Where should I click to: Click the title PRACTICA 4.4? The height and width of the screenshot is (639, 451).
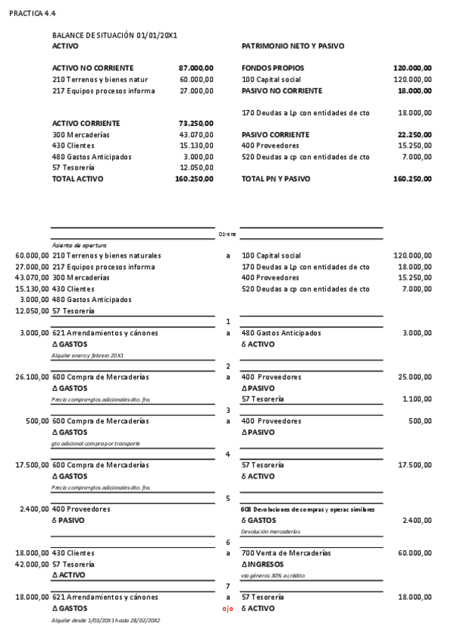coord(32,14)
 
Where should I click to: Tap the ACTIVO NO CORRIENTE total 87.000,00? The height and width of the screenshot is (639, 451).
coord(196,68)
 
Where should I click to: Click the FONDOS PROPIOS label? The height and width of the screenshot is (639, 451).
coord(273,68)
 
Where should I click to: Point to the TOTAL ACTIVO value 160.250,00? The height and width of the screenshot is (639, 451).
coord(194,179)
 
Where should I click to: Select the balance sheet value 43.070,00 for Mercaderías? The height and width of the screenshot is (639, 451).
coord(197,135)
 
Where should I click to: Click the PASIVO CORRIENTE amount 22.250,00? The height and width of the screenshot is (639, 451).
coord(414,135)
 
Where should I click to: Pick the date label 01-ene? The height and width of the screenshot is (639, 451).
coord(227,234)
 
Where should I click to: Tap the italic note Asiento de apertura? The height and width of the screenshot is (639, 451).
coord(79,245)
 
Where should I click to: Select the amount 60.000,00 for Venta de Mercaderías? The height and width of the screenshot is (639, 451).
coord(414,553)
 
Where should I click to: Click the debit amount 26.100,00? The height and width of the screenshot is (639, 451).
coord(32,377)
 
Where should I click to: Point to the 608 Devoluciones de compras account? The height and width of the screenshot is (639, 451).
coord(308,509)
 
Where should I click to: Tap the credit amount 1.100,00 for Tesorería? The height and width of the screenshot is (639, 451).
coord(417,399)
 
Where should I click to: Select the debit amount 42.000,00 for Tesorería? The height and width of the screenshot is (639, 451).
coord(32,564)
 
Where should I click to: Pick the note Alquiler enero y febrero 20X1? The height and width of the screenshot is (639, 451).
coord(87,355)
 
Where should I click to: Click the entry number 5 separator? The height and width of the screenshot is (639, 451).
coord(227,498)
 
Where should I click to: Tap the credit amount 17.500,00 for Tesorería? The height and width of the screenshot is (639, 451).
coord(414,466)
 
